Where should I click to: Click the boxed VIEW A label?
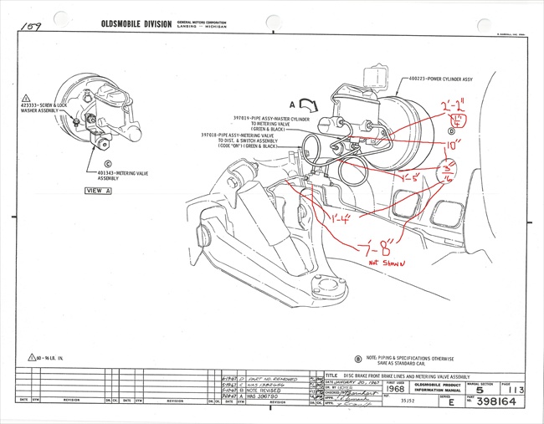point(101,191)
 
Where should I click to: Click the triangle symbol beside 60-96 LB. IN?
point(32,357)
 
